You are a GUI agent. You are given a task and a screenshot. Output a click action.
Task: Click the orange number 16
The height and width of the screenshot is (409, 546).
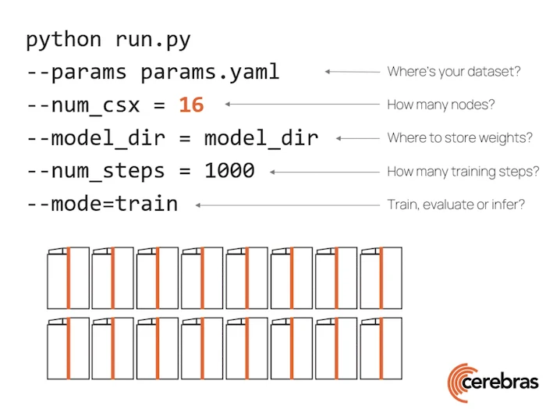point(191,105)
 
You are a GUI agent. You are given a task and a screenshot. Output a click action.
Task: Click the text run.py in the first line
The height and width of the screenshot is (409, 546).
point(153,39)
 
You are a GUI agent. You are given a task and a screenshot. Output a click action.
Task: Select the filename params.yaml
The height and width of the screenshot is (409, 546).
point(210,72)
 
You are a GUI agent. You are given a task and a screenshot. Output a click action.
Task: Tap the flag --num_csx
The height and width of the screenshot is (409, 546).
point(90,105)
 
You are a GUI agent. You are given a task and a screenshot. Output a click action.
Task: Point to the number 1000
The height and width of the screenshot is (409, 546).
point(229,170)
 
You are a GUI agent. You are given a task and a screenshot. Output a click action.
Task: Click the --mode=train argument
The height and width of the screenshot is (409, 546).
point(102,204)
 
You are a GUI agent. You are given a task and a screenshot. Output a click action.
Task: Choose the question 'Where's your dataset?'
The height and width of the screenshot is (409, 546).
point(454,72)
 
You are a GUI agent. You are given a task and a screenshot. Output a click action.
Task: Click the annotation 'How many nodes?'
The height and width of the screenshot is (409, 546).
point(441,105)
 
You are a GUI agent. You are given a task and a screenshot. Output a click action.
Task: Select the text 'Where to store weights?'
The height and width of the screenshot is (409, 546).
point(459,138)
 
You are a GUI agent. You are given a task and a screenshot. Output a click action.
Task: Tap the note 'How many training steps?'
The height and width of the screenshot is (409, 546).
point(463,171)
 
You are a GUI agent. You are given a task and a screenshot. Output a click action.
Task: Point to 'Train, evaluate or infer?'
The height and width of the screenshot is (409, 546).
point(456,204)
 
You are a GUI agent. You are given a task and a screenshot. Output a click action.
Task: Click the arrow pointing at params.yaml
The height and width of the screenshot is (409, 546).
point(352,72)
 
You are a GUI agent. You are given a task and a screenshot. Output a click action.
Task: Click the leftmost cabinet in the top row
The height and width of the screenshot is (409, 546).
point(68,279)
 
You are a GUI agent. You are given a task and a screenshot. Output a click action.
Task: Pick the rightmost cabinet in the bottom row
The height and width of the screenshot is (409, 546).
point(381,349)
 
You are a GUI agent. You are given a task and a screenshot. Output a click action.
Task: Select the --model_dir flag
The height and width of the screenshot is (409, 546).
point(96,138)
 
